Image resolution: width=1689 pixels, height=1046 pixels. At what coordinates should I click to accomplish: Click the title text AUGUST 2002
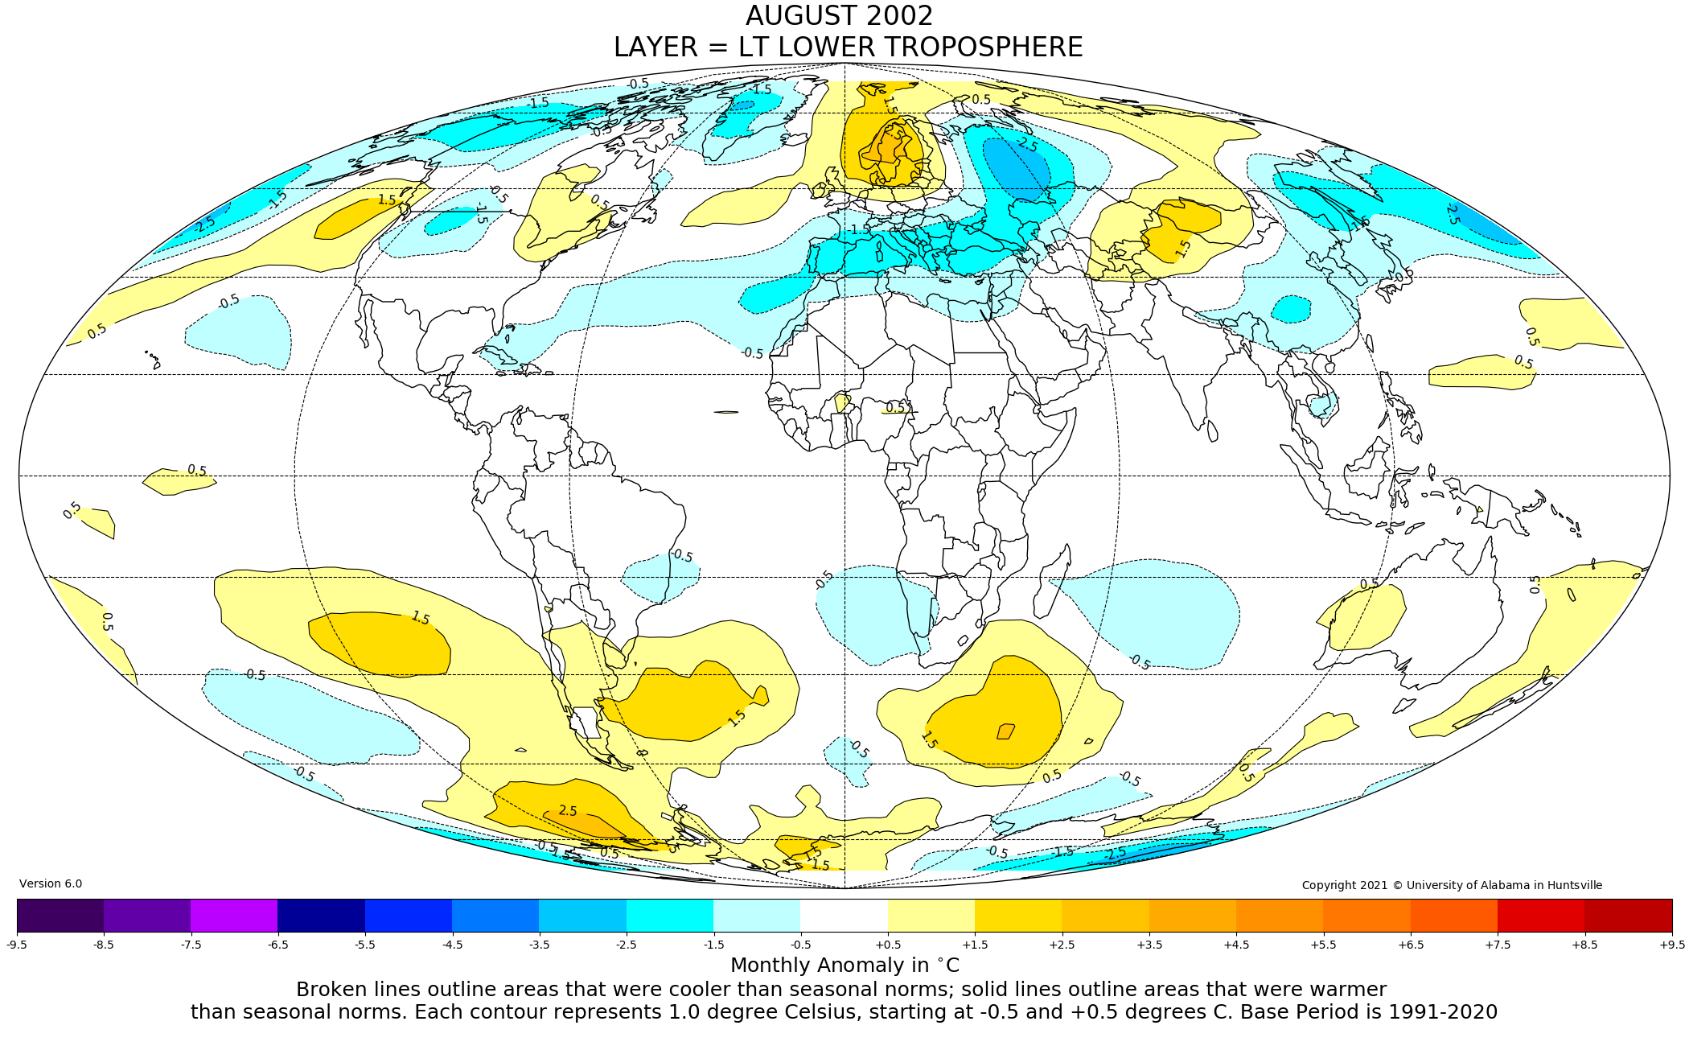pyautogui.click(x=839, y=16)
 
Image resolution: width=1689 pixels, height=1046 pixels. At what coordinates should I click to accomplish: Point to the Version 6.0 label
pyautogui.click(x=51, y=883)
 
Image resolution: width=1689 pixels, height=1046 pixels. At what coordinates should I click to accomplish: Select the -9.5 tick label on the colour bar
pyautogui.click(x=17, y=945)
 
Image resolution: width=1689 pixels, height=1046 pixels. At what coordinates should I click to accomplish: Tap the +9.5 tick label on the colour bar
pyautogui.click(x=1671, y=945)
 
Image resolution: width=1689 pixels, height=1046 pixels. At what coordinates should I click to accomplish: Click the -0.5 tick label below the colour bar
pyautogui.click(x=800, y=945)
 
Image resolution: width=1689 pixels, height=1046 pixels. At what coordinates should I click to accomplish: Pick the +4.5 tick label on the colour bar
pyautogui.click(x=1236, y=945)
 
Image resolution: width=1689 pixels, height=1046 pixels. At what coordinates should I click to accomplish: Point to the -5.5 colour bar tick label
pyautogui.click(x=364, y=945)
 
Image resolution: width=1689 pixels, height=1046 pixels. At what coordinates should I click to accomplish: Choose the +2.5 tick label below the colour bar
pyautogui.click(x=1062, y=945)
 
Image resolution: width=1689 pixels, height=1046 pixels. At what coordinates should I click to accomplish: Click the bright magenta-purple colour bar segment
pyautogui.click(x=234, y=915)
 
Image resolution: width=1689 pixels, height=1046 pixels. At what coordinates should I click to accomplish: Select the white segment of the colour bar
pyautogui.click(x=844, y=915)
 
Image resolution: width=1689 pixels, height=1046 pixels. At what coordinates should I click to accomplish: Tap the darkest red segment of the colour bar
pyautogui.click(x=1628, y=915)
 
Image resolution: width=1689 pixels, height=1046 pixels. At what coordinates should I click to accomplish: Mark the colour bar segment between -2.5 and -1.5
pyautogui.click(x=669, y=915)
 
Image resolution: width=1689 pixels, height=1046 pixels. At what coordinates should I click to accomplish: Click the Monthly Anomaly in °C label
pyautogui.click(x=844, y=966)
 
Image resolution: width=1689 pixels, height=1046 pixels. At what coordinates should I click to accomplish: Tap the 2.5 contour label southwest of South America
pyautogui.click(x=568, y=811)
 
